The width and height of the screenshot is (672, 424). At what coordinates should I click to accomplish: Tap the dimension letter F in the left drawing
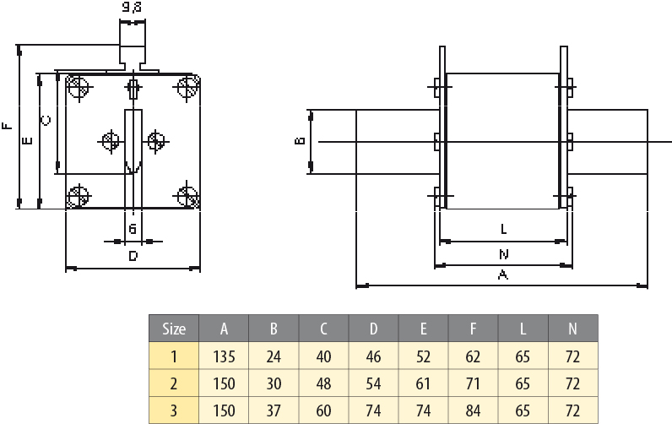7,128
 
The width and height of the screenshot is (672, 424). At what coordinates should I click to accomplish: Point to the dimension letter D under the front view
133,255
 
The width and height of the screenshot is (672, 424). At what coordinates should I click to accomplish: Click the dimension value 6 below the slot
133,229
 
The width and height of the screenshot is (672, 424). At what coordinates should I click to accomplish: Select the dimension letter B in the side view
299,140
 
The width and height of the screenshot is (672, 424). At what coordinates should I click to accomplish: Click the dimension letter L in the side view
503,229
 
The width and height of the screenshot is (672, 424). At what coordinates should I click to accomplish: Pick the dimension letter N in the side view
503,253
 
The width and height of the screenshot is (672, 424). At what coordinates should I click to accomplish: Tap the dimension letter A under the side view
503,275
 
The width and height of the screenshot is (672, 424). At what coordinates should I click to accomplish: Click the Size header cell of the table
174,329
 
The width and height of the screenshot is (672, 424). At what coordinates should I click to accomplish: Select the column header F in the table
473,329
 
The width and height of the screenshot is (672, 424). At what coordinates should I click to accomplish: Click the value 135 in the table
224,356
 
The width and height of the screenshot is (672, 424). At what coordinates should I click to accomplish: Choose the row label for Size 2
174,383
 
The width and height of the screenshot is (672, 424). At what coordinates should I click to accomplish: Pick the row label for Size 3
174,410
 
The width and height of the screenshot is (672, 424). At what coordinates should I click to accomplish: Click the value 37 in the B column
274,410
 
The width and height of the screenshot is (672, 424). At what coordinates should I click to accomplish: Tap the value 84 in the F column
473,410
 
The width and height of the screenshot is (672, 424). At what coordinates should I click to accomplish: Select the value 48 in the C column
323,383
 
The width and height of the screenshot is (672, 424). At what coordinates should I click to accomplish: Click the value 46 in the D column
373,356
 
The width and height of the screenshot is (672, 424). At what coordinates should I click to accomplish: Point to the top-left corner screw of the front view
79,87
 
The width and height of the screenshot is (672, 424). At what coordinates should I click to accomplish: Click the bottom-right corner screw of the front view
187,196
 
